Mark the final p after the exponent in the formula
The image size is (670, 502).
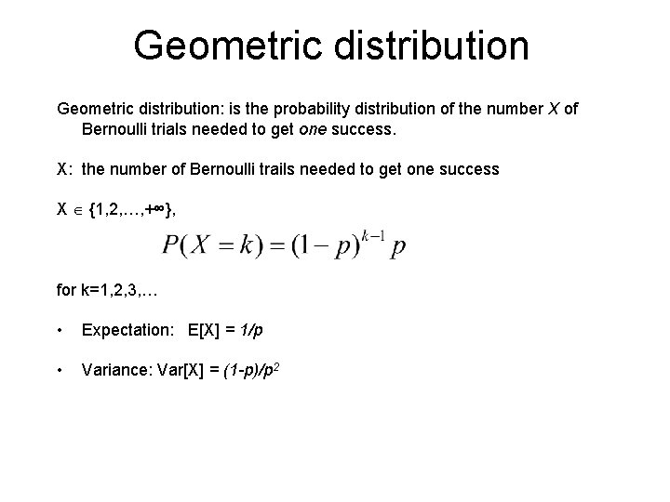click(399, 249)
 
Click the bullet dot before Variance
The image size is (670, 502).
click(60, 371)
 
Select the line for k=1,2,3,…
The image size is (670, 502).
click(108, 290)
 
